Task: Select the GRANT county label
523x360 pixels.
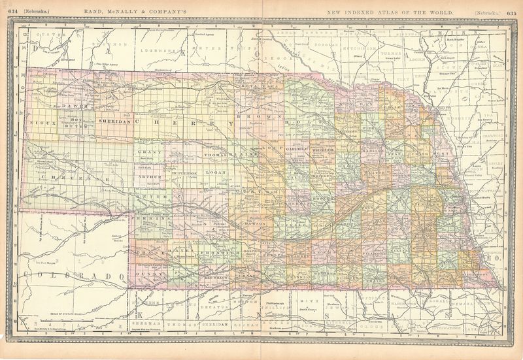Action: pyautogui.click(x=144, y=152)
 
